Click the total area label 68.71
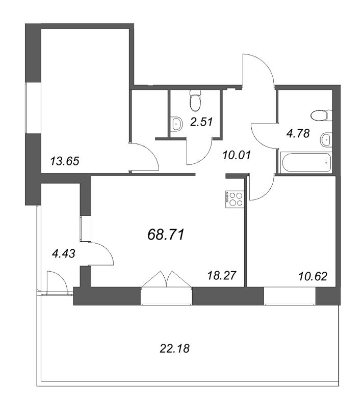click(x=166, y=235)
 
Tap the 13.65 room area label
click(x=65, y=161)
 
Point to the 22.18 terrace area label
click(x=174, y=348)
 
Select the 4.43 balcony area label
click(x=64, y=253)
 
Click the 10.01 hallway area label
click(x=237, y=155)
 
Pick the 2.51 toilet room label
click(x=202, y=122)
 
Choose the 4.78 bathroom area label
click(x=298, y=133)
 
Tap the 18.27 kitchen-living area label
click(x=222, y=275)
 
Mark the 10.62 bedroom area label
click(x=313, y=276)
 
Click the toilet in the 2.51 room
click(x=195, y=100)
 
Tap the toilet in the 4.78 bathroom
click(x=321, y=115)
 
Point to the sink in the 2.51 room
click(x=177, y=124)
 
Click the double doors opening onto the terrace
click(x=166, y=279)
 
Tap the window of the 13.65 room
click(x=33, y=108)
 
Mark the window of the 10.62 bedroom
click(x=290, y=296)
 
